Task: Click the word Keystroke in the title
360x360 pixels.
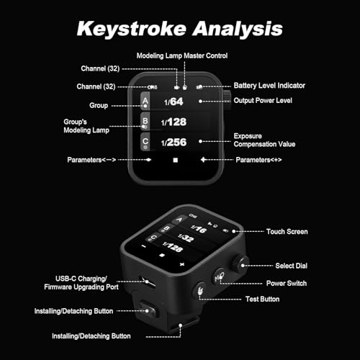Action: tap(132, 29)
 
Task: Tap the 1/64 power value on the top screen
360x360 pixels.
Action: tap(174, 102)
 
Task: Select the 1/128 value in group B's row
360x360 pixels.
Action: tap(174, 122)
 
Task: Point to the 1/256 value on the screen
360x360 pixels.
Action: tap(174, 143)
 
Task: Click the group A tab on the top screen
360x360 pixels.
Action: tap(145, 101)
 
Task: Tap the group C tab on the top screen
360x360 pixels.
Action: tap(145, 142)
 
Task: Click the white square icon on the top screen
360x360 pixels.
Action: tap(176, 160)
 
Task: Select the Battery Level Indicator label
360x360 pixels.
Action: tap(269, 86)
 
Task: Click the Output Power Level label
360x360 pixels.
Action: tap(263, 100)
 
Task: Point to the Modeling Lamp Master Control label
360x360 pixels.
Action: tap(182, 55)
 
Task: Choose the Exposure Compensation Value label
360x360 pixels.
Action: tap(264, 140)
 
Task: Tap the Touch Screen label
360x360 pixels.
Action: tap(287, 232)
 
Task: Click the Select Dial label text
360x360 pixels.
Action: tap(292, 266)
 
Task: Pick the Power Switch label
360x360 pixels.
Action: tap(287, 283)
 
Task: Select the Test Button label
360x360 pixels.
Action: tap(263, 299)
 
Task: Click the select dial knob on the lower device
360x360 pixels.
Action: tap(240, 264)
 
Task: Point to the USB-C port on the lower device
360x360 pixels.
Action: tap(147, 281)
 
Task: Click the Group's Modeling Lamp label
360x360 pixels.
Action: tap(86, 126)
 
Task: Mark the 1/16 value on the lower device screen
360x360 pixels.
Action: tap(199, 229)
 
